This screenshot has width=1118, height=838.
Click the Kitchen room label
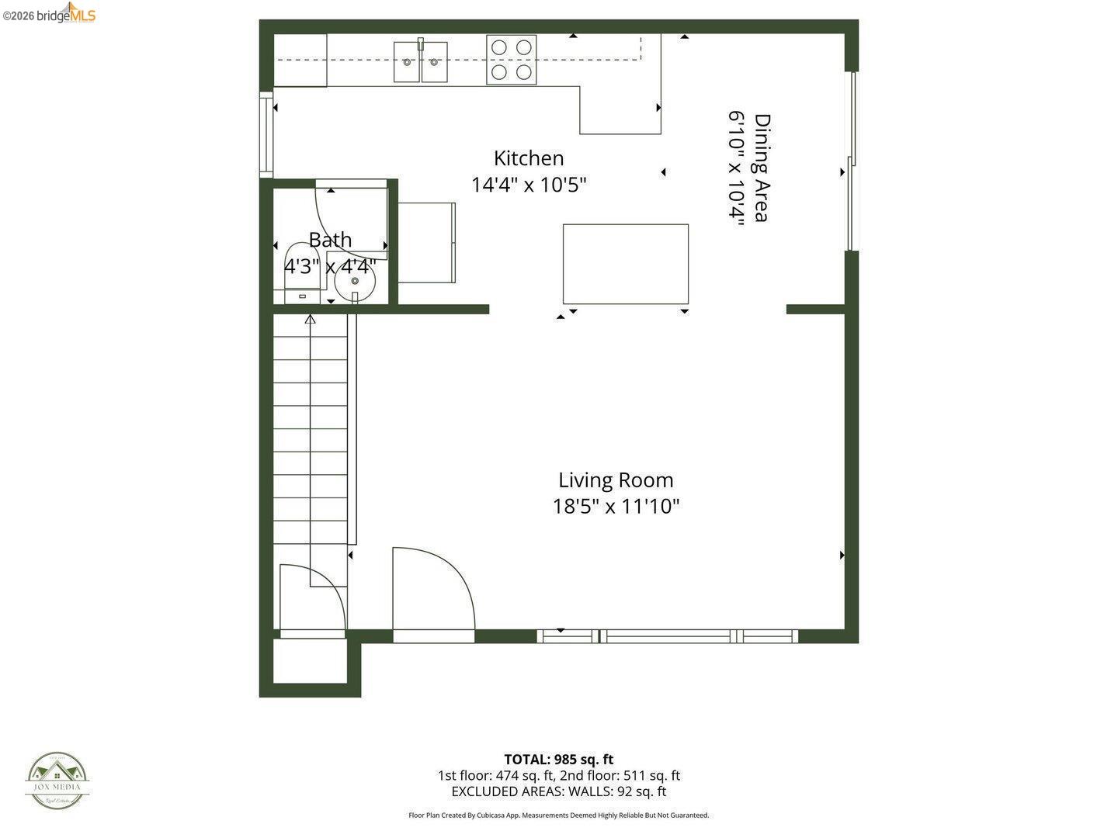point(529,158)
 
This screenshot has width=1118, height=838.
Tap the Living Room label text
point(616,480)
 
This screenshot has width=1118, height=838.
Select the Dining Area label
point(762,168)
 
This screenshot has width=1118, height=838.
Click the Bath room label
point(330,240)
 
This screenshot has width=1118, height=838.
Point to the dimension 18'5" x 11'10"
point(616,507)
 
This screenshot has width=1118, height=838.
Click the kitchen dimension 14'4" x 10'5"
point(529,185)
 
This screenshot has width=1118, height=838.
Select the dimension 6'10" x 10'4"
point(736,168)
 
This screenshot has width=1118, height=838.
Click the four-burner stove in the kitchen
point(512,60)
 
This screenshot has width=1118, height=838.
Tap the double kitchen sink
point(420,62)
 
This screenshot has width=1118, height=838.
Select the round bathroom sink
point(355,281)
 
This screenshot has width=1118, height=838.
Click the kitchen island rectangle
point(625,264)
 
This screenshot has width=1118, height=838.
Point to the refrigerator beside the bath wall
point(426,243)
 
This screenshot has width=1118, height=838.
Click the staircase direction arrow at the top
point(311,318)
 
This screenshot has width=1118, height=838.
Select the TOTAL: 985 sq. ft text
point(558,760)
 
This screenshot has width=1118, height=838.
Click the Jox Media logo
point(57,781)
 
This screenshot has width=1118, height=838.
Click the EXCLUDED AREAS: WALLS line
point(558,791)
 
